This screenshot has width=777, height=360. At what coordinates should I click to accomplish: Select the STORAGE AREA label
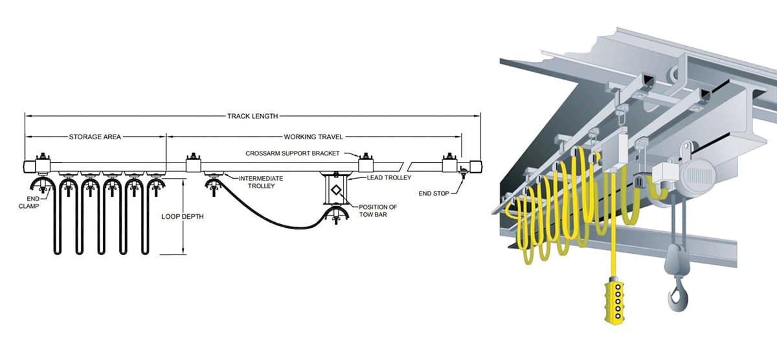[x=95, y=137]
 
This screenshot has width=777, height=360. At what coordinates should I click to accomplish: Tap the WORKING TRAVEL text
[x=313, y=137]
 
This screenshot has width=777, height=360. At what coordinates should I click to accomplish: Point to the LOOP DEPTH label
[x=183, y=216]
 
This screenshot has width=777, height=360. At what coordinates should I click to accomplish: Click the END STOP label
[x=433, y=192]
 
